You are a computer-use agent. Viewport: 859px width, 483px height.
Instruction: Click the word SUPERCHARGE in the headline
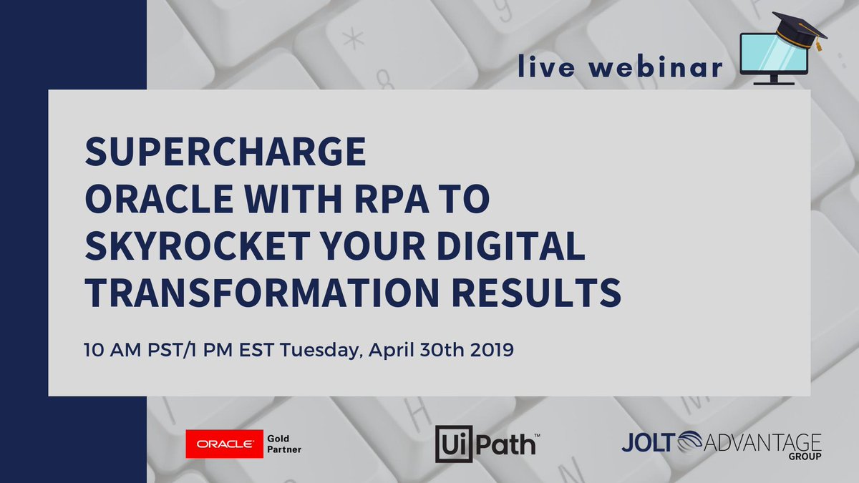point(225,152)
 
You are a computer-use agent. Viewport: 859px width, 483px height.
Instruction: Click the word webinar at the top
point(660,68)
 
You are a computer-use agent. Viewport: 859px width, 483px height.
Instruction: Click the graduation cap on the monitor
point(801,30)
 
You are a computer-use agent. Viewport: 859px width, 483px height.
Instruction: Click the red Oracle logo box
point(223,444)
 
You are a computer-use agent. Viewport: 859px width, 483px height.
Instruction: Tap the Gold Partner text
point(283,444)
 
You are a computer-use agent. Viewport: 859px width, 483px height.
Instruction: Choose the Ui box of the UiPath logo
point(452,444)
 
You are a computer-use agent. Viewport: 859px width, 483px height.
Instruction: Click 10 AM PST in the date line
point(125,351)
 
